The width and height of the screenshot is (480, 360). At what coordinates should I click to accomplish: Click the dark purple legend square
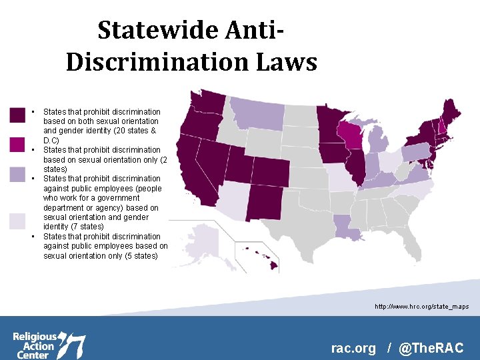[17, 115]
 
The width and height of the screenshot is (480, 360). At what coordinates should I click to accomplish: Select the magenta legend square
[17, 144]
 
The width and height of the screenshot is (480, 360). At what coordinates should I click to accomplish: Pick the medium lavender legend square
[17, 174]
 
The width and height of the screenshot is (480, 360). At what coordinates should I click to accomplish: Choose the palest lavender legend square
[17, 221]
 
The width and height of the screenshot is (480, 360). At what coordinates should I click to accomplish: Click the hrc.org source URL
[421, 307]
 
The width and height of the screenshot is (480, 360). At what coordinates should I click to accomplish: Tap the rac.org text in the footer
[353, 348]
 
